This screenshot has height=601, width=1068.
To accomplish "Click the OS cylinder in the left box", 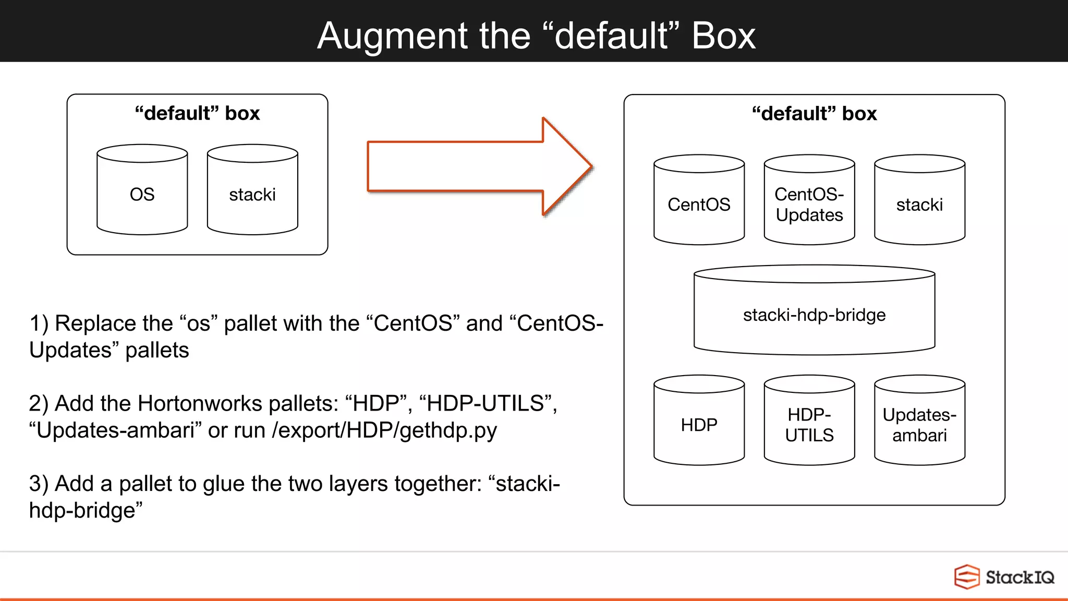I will point(142,194).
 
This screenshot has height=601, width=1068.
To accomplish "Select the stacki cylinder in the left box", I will point(252,194).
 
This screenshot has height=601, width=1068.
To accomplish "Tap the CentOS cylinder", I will point(699,204).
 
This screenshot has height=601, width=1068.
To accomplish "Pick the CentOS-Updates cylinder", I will point(809,204).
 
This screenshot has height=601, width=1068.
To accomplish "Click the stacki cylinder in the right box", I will point(919,204).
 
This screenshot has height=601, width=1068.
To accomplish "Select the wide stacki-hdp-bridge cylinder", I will point(814,315).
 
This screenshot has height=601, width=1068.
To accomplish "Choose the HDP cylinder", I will point(699,425).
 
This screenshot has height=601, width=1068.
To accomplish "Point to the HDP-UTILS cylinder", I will point(809,425).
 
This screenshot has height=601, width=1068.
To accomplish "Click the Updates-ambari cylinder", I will point(919,425).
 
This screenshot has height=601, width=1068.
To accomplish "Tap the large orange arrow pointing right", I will point(469,166).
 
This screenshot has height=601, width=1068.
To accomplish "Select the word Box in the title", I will point(723,37).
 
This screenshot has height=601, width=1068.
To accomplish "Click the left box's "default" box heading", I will point(197,113).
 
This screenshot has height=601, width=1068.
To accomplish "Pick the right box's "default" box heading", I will point(814,114).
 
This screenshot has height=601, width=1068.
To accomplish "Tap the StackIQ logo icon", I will point(966,577).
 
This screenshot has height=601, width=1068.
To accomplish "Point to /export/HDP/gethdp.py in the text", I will point(384,430).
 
